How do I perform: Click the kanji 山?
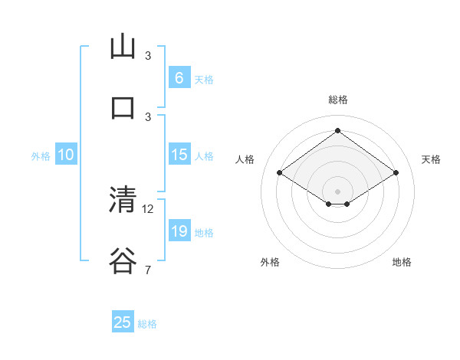click(x=123, y=47)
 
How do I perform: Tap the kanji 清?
click(x=123, y=200)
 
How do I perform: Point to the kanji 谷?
click(x=123, y=260)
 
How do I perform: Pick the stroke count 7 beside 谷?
click(x=148, y=270)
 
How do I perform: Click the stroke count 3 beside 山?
click(x=148, y=56)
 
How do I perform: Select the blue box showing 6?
click(x=179, y=77)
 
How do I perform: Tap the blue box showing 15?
click(x=179, y=155)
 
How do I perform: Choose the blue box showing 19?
click(x=179, y=231)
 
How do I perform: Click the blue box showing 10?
click(x=66, y=155)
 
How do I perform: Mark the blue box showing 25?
click(x=123, y=322)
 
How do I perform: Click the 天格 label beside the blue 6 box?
click(x=204, y=79)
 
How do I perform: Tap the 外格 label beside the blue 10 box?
click(x=41, y=156)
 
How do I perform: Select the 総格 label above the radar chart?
click(x=338, y=100)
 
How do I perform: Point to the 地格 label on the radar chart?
click(x=402, y=262)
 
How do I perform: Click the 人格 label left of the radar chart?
click(x=245, y=159)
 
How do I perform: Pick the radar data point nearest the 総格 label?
click(x=337, y=130)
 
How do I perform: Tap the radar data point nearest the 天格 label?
click(x=396, y=173)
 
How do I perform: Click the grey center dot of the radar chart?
click(x=337, y=190)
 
